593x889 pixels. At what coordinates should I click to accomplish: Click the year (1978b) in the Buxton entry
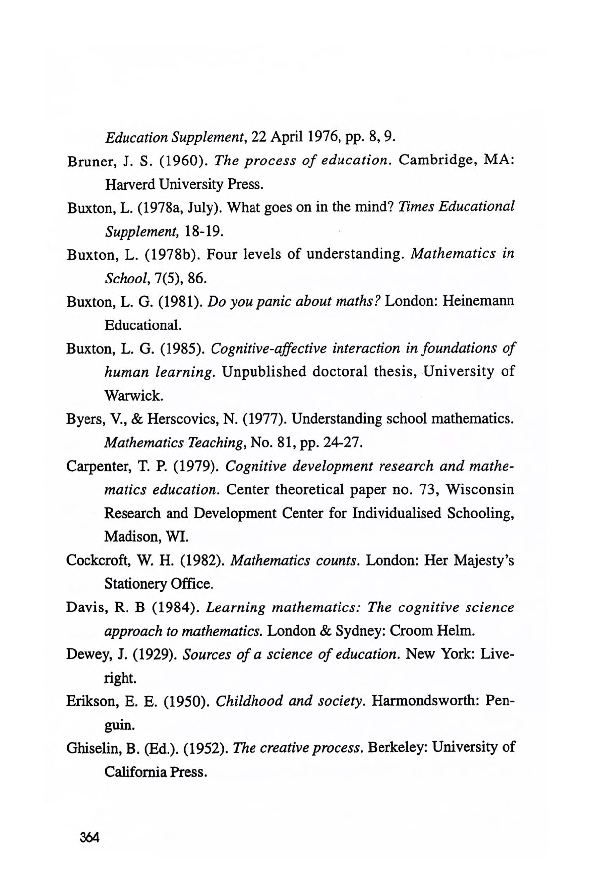171,255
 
